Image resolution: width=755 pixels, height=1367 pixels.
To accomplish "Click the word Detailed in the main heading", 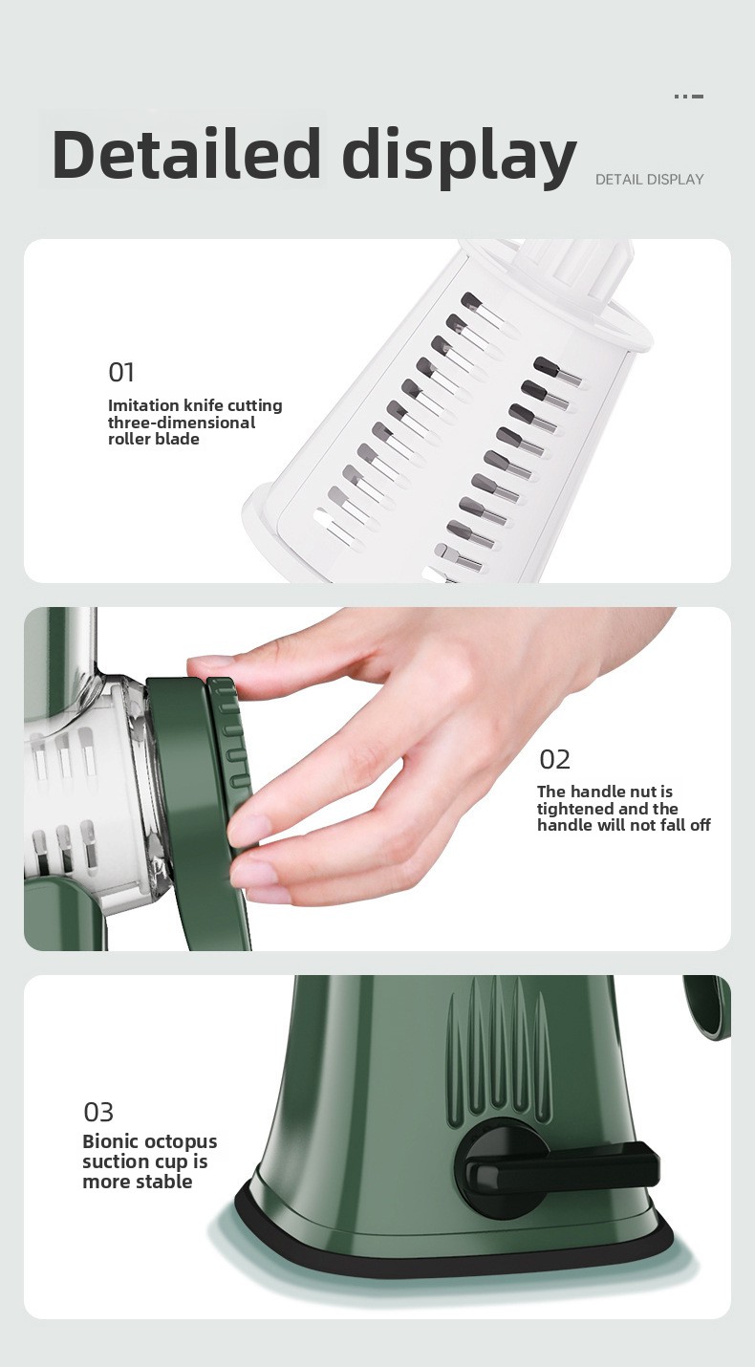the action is pos(186,154).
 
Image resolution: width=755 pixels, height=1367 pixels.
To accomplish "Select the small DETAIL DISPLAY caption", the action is pos(650,180).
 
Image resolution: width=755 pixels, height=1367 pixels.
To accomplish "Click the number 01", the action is pos(120,372).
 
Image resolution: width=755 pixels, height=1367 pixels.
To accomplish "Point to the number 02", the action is pos(555,759).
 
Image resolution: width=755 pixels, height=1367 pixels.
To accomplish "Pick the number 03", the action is pos(98,1112).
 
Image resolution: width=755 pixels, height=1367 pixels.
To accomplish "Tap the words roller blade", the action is pos(154,440).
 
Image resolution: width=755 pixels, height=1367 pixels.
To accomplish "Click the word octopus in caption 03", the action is pos(181,1142).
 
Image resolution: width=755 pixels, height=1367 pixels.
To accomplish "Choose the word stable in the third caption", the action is pos(164,1182).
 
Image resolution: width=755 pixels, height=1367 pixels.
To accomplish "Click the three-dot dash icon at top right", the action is pos(689,97).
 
